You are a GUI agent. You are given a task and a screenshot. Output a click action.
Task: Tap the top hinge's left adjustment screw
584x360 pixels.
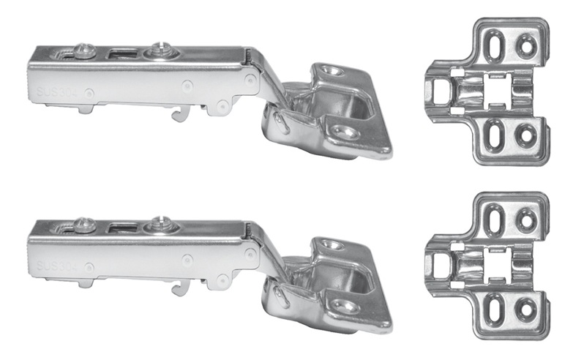[x=86, y=51]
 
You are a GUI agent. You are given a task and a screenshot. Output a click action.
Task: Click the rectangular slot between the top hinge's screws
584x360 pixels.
[x=123, y=53]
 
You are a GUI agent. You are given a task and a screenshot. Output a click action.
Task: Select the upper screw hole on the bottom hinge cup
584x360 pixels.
[x=332, y=245]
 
